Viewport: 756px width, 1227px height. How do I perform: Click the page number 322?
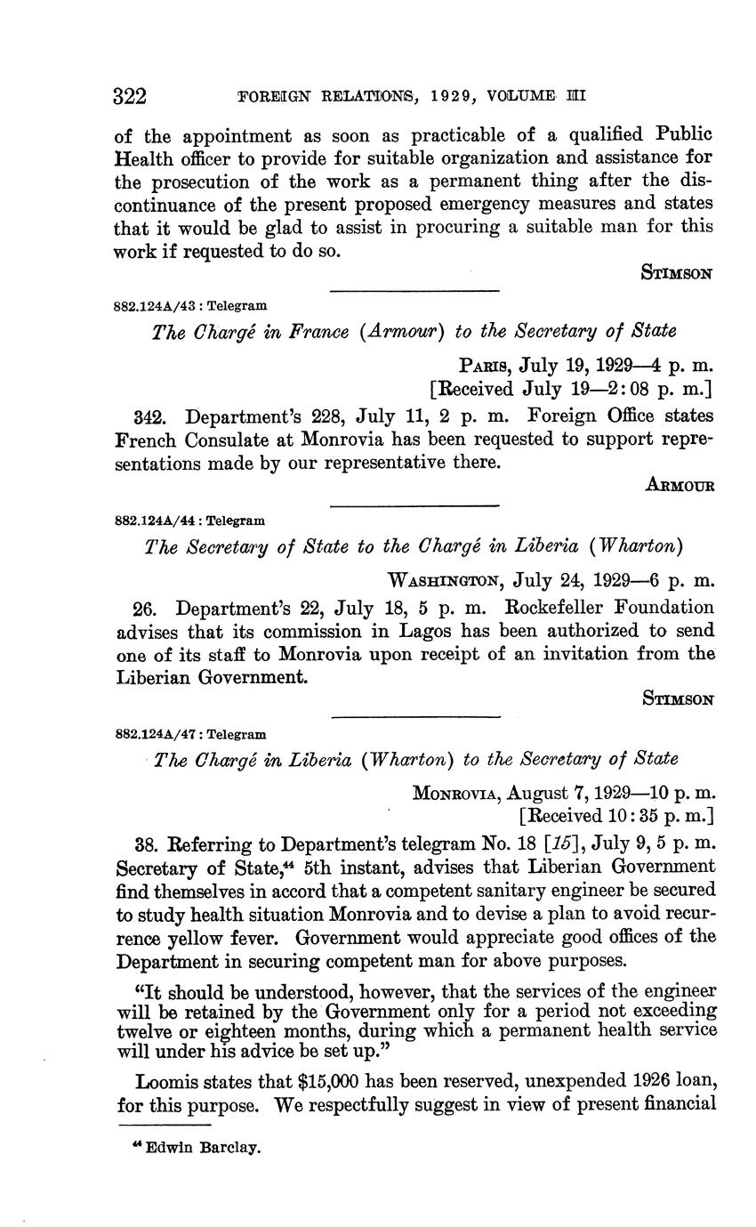[130, 95]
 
